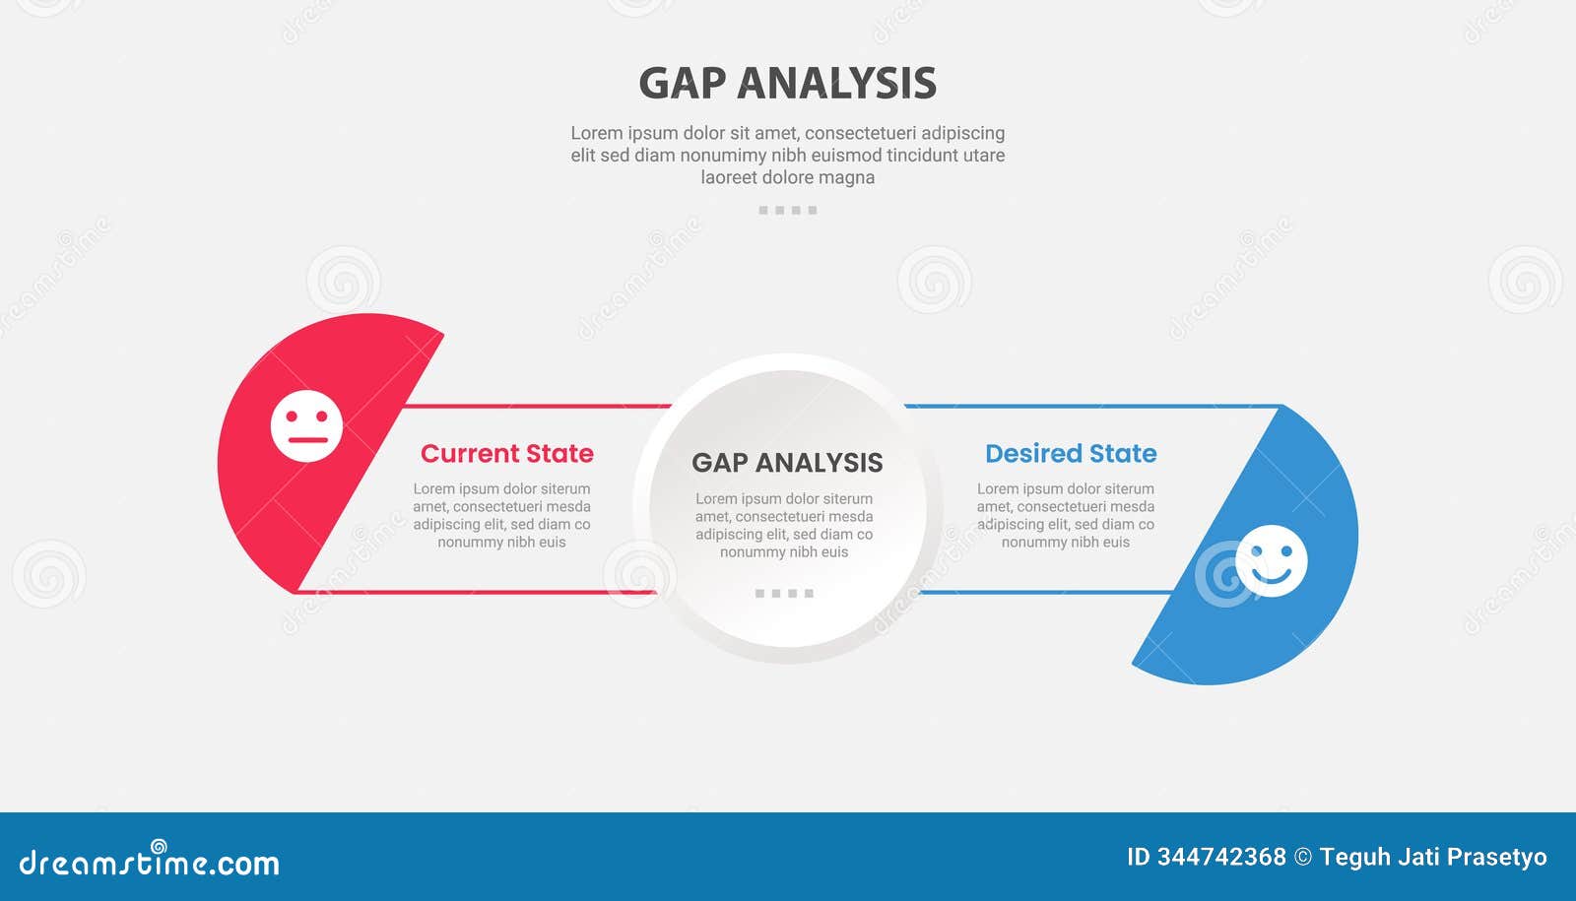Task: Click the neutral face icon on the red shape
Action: (x=306, y=426)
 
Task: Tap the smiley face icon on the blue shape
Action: (x=1272, y=560)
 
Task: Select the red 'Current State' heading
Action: (x=506, y=454)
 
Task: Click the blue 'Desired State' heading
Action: (x=1071, y=454)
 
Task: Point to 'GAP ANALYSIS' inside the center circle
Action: (x=787, y=463)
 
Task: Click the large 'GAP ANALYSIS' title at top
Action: (x=787, y=84)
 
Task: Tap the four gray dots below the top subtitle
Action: (x=787, y=210)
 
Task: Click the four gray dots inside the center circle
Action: (x=784, y=593)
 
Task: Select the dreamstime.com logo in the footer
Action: (x=150, y=862)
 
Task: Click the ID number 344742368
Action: (x=1221, y=858)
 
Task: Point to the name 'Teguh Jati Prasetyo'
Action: (x=1433, y=858)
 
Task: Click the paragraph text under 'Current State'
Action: (x=501, y=515)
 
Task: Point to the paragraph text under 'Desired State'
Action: (x=1066, y=515)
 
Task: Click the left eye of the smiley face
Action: (x=1256, y=550)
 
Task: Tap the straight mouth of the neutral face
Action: (x=307, y=439)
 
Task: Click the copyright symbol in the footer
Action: (x=1302, y=858)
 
